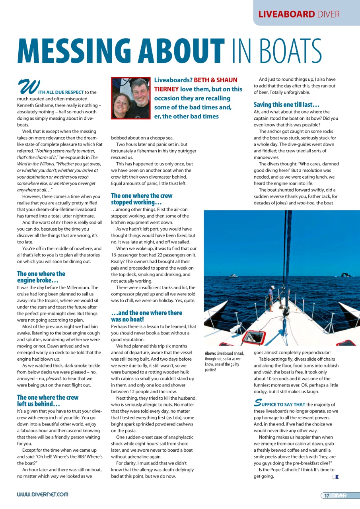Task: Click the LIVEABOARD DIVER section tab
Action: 299,14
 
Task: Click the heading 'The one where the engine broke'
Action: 41,277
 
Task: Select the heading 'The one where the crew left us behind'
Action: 48,400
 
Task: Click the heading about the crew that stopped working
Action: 142,199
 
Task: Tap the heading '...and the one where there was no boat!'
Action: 147,316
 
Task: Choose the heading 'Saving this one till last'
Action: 286,105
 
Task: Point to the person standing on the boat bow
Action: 270,294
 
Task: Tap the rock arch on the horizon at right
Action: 344,275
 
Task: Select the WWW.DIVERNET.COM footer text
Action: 43,495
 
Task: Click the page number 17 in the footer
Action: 327,495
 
